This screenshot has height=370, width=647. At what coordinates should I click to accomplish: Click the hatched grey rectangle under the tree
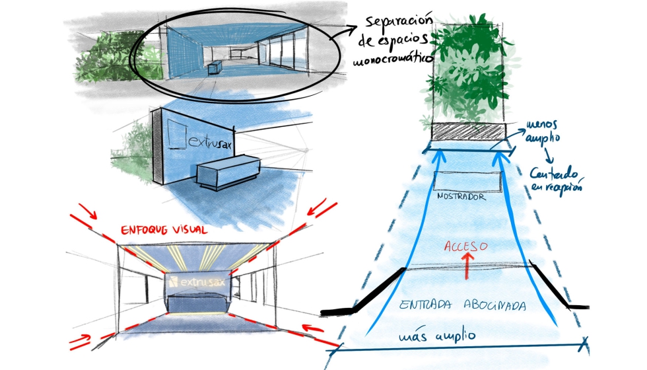[x=468, y=131]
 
